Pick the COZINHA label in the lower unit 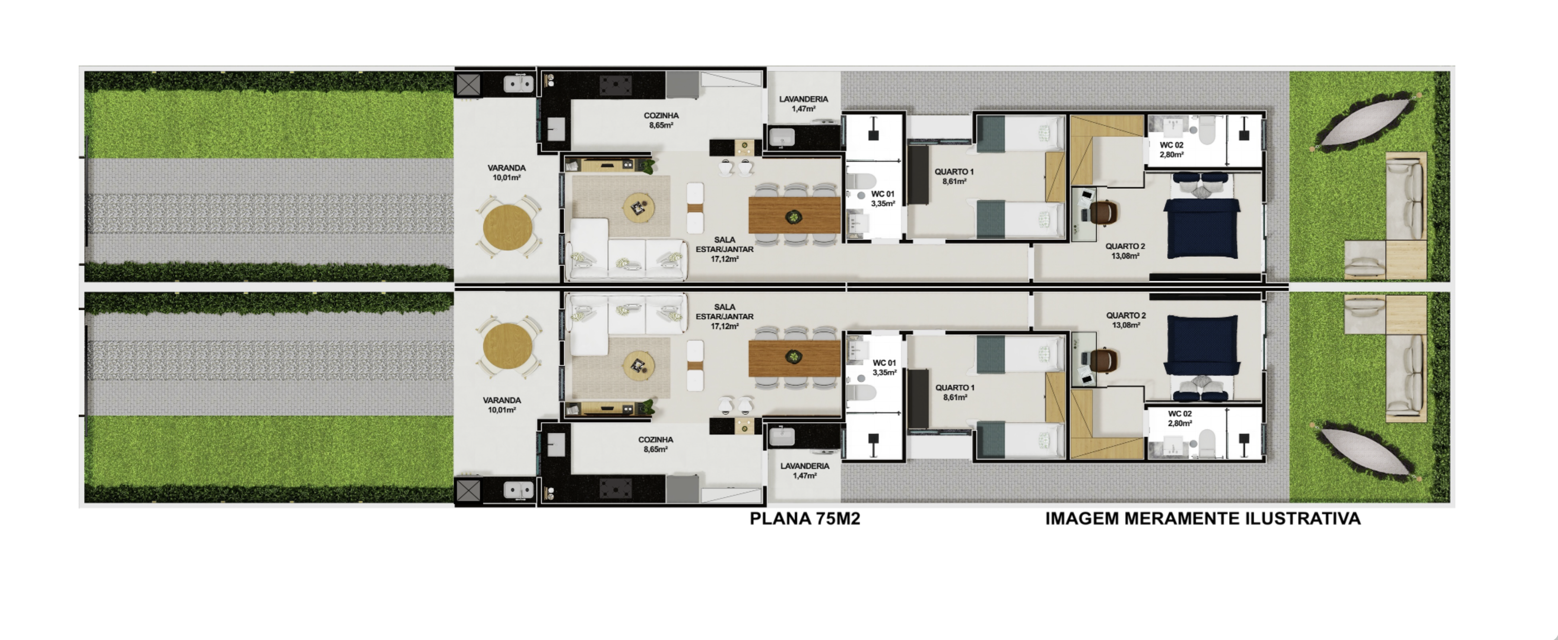656,440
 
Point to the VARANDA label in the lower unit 501,400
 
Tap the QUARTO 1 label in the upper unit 954,172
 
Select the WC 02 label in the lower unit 1179,414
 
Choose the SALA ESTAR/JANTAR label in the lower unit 725,312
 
